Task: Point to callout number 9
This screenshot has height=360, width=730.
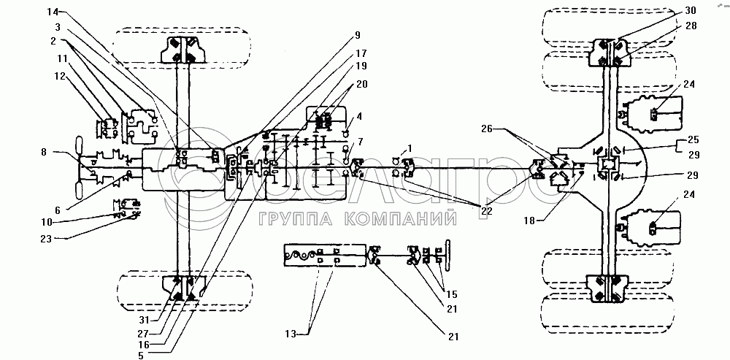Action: [357, 35]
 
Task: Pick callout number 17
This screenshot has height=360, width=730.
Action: [361, 53]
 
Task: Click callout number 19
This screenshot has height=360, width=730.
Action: [361, 66]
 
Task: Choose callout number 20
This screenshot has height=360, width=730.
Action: [361, 84]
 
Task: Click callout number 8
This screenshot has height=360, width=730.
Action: [45, 153]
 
